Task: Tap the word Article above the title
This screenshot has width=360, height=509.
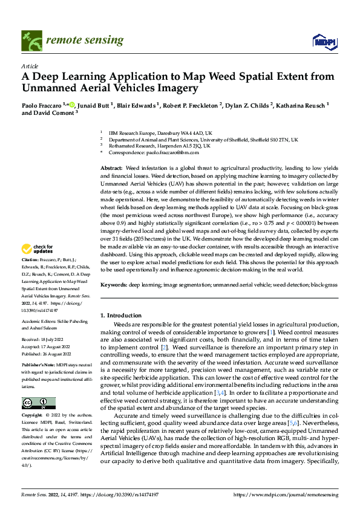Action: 30,66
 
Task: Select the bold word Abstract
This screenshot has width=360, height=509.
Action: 111,167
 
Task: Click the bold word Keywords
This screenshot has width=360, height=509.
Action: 114,284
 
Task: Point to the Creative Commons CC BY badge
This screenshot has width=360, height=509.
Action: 38,403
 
